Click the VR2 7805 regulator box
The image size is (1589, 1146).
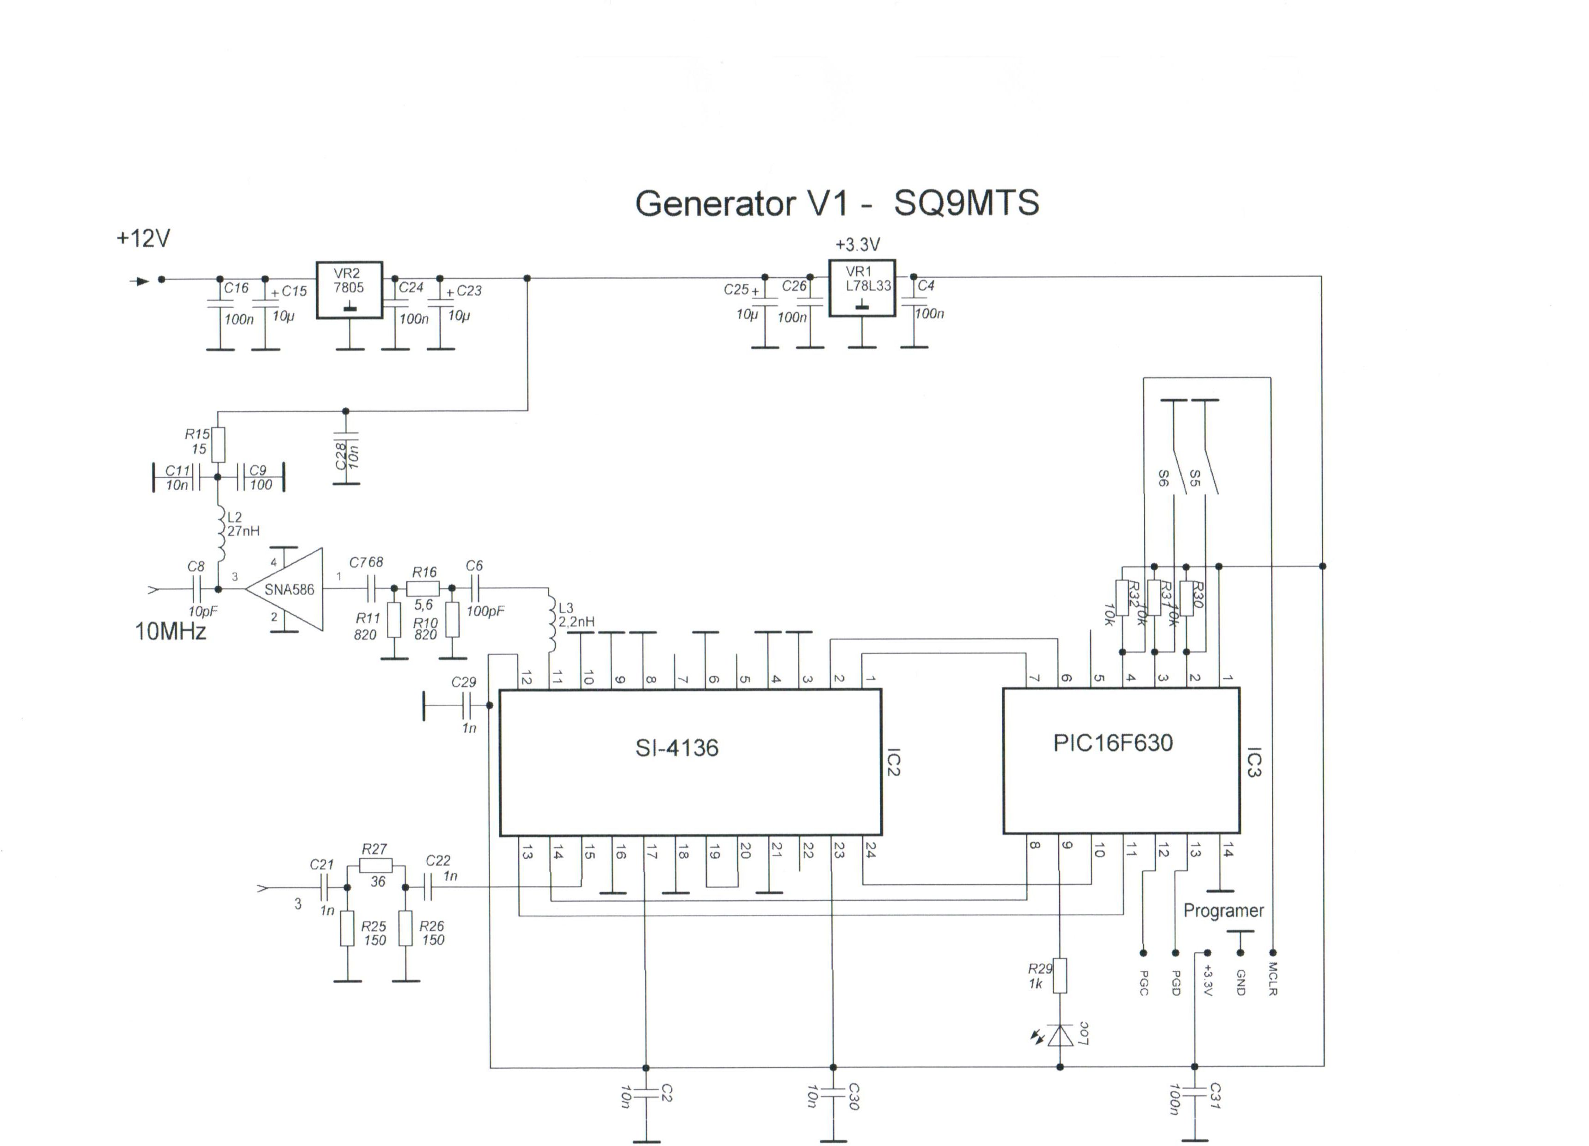[349, 290]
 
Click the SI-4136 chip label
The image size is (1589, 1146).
[677, 748]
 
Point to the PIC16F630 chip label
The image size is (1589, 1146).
[1113, 743]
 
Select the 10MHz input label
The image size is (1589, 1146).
[170, 632]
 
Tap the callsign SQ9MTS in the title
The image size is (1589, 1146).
[966, 203]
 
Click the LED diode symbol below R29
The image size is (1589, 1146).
[1060, 1035]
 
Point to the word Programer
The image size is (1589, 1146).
[1223, 911]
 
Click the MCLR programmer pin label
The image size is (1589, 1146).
[1273, 979]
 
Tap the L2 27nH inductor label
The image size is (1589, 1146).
[242, 524]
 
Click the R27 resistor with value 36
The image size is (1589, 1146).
[375, 866]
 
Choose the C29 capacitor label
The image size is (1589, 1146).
[463, 682]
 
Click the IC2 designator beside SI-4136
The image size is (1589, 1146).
[893, 762]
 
